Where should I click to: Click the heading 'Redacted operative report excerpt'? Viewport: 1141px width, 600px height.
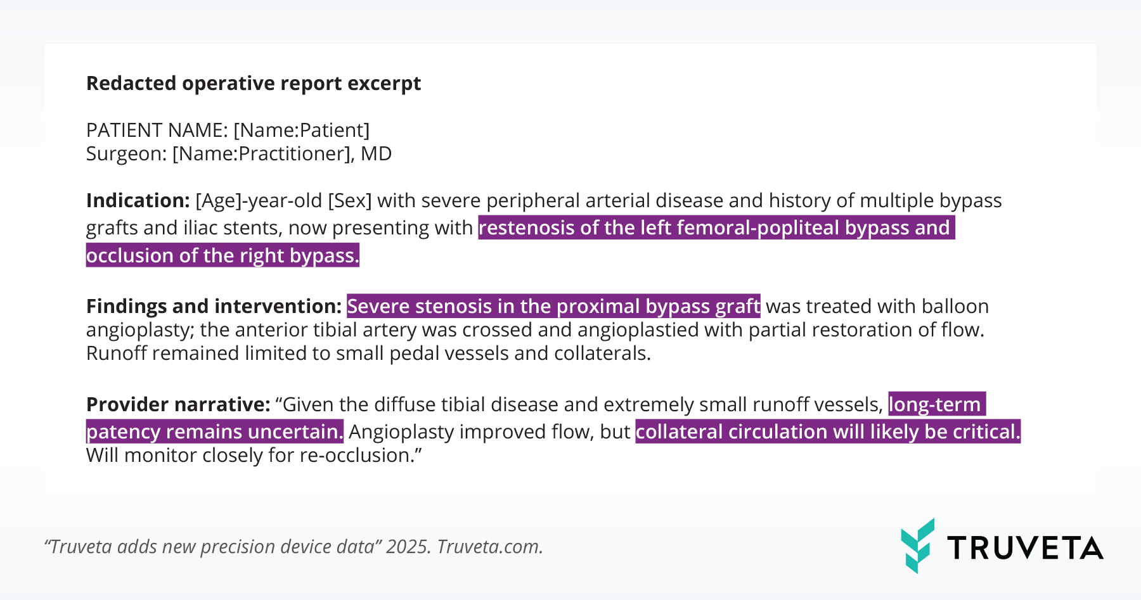tap(254, 84)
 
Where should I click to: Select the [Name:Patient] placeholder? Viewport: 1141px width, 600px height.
tap(302, 131)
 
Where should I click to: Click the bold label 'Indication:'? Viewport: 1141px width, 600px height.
tap(138, 201)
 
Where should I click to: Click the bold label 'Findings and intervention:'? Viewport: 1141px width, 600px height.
tap(214, 307)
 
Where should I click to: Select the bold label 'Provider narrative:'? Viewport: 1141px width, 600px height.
tap(178, 405)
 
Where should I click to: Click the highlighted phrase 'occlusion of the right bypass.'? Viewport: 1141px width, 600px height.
tap(222, 255)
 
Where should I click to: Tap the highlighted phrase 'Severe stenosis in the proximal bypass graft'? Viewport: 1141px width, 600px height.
tap(553, 307)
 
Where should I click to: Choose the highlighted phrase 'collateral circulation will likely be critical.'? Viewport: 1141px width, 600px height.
tap(828, 432)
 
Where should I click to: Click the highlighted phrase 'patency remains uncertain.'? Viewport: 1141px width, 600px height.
tap(215, 432)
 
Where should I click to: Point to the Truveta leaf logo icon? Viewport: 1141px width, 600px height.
tap(917, 546)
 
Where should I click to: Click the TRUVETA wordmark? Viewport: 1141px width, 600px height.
tap(1026, 548)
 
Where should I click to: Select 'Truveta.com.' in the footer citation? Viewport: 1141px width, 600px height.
tap(490, 547)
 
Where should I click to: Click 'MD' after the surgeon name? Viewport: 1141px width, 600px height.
tap(377, 154)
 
